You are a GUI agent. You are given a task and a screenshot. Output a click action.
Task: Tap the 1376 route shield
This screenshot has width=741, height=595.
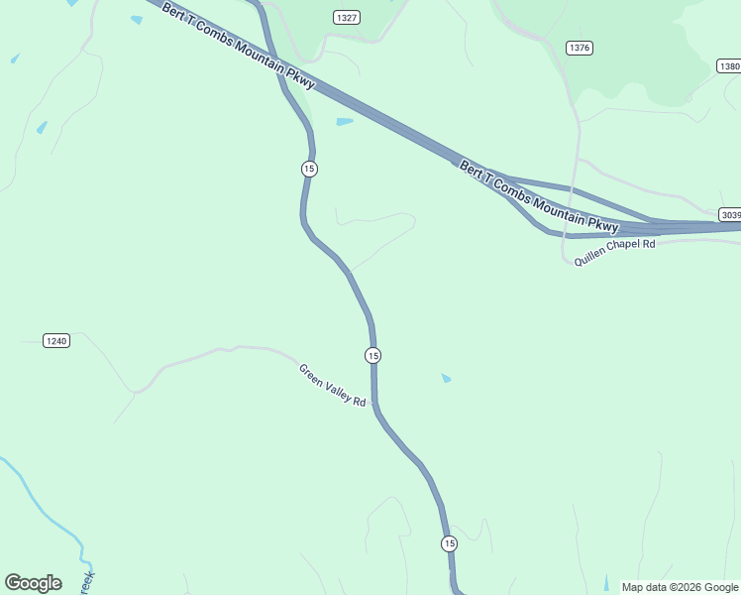pyautogui.click(x=580, y=48)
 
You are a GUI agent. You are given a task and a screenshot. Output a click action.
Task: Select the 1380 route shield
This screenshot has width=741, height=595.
pyautogui.click(x=729, y=66)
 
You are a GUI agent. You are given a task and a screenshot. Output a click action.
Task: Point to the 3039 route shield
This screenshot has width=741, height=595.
pyautogui.click(x=730, y=214)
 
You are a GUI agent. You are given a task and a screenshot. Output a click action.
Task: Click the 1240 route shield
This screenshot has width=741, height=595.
pyautogui.click(x=56, y=341)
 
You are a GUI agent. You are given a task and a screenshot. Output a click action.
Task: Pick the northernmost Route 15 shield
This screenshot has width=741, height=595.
pyautogui.click(x=309, y=169)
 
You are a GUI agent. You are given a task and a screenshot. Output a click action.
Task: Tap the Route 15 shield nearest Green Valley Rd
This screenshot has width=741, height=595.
pyautogui.click(x=372, y=355)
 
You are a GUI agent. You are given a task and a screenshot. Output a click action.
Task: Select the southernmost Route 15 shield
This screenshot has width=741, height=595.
pyautogui.click(x=450, y=543)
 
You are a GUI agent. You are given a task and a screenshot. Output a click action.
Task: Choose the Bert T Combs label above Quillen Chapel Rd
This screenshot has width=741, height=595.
pyautogui.click(x=538, y=195)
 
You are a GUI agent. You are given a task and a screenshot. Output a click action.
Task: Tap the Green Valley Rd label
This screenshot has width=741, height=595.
pyautogui.click(x=333, y=385)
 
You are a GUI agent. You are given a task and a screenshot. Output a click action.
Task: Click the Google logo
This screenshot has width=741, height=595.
pyautogui.click(x=33, y=582)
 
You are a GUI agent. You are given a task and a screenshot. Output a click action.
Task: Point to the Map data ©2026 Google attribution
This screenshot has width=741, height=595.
pyautogui.click(x=680, y=587)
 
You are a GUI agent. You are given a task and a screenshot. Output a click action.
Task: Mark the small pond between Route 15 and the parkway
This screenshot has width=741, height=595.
pyautogui.click(x=344, y=122)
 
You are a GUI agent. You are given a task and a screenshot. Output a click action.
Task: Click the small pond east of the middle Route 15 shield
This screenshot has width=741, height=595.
pyautogui.click(x=446, y=378)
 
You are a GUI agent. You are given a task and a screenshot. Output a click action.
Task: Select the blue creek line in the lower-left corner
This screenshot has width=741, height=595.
pyautogui.click(x=40, y=501)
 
